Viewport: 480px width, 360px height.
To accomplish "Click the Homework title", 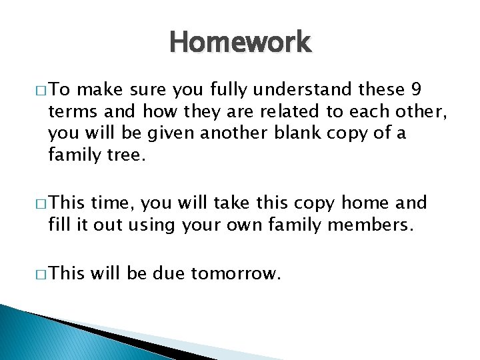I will (240, 43).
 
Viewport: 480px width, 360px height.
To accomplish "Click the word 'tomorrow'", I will (233, 273).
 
